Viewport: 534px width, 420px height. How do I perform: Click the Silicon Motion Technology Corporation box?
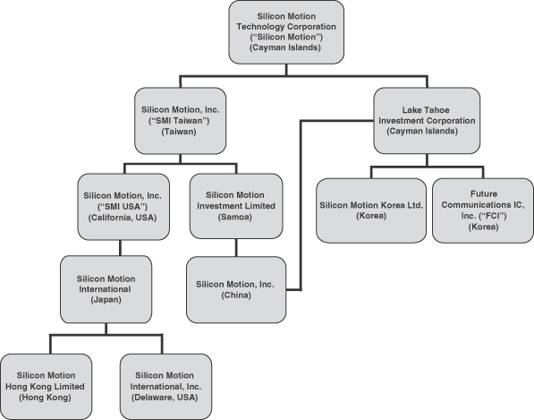286,32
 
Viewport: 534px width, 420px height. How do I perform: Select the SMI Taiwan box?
180,121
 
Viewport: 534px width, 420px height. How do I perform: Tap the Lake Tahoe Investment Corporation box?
427,121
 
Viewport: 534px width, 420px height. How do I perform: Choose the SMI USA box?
123,207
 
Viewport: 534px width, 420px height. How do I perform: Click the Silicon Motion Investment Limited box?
236,206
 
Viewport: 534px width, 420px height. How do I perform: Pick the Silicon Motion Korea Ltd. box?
371,210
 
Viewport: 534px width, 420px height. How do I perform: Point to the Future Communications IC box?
483,210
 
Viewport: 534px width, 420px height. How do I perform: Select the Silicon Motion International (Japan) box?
106,289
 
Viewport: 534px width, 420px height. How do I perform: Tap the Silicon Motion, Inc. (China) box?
236,290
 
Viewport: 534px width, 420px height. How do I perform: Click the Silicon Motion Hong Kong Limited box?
46,387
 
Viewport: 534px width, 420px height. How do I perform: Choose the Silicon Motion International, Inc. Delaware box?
165,387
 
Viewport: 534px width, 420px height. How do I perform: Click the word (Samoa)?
235,217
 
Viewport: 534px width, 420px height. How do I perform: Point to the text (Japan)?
106,300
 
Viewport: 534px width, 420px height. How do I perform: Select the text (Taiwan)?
179,132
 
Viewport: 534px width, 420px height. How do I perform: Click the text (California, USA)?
123,218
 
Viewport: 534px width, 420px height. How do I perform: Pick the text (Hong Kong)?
45,398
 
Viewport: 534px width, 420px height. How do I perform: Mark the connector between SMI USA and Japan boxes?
120,248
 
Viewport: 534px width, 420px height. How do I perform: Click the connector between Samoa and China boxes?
236,247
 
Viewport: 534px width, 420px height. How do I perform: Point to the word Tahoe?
437,110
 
